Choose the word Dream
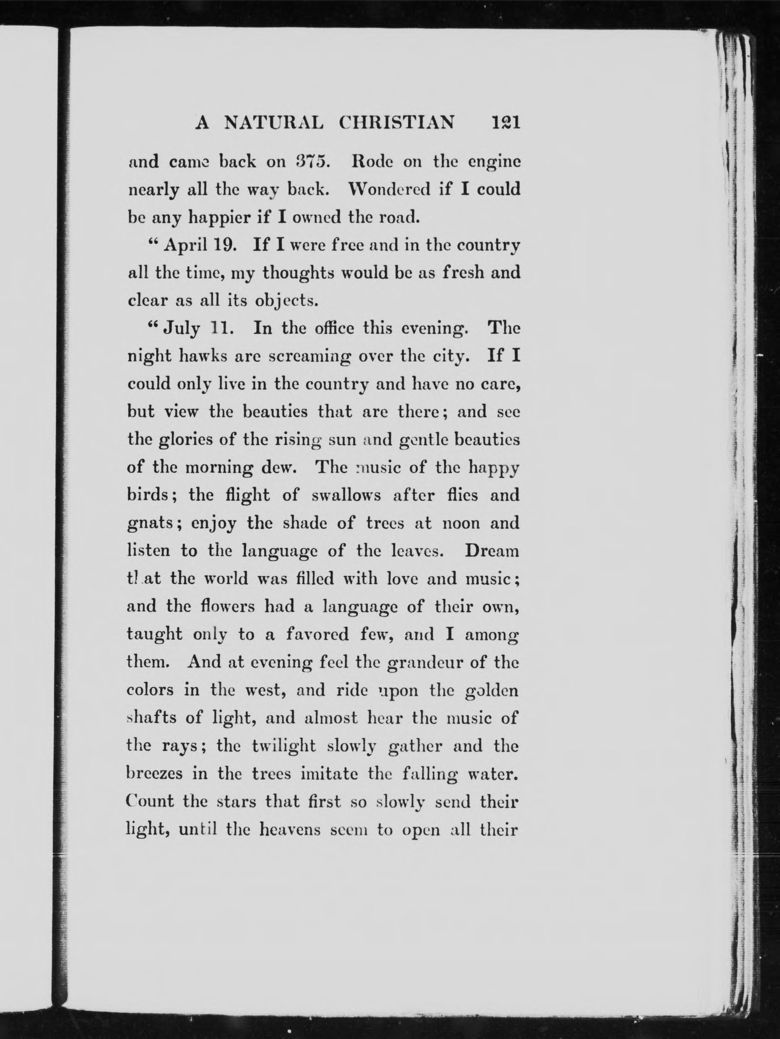pyautogui.click(x=492, y=550)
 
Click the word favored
pyautogui.click(x=318, y=634)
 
